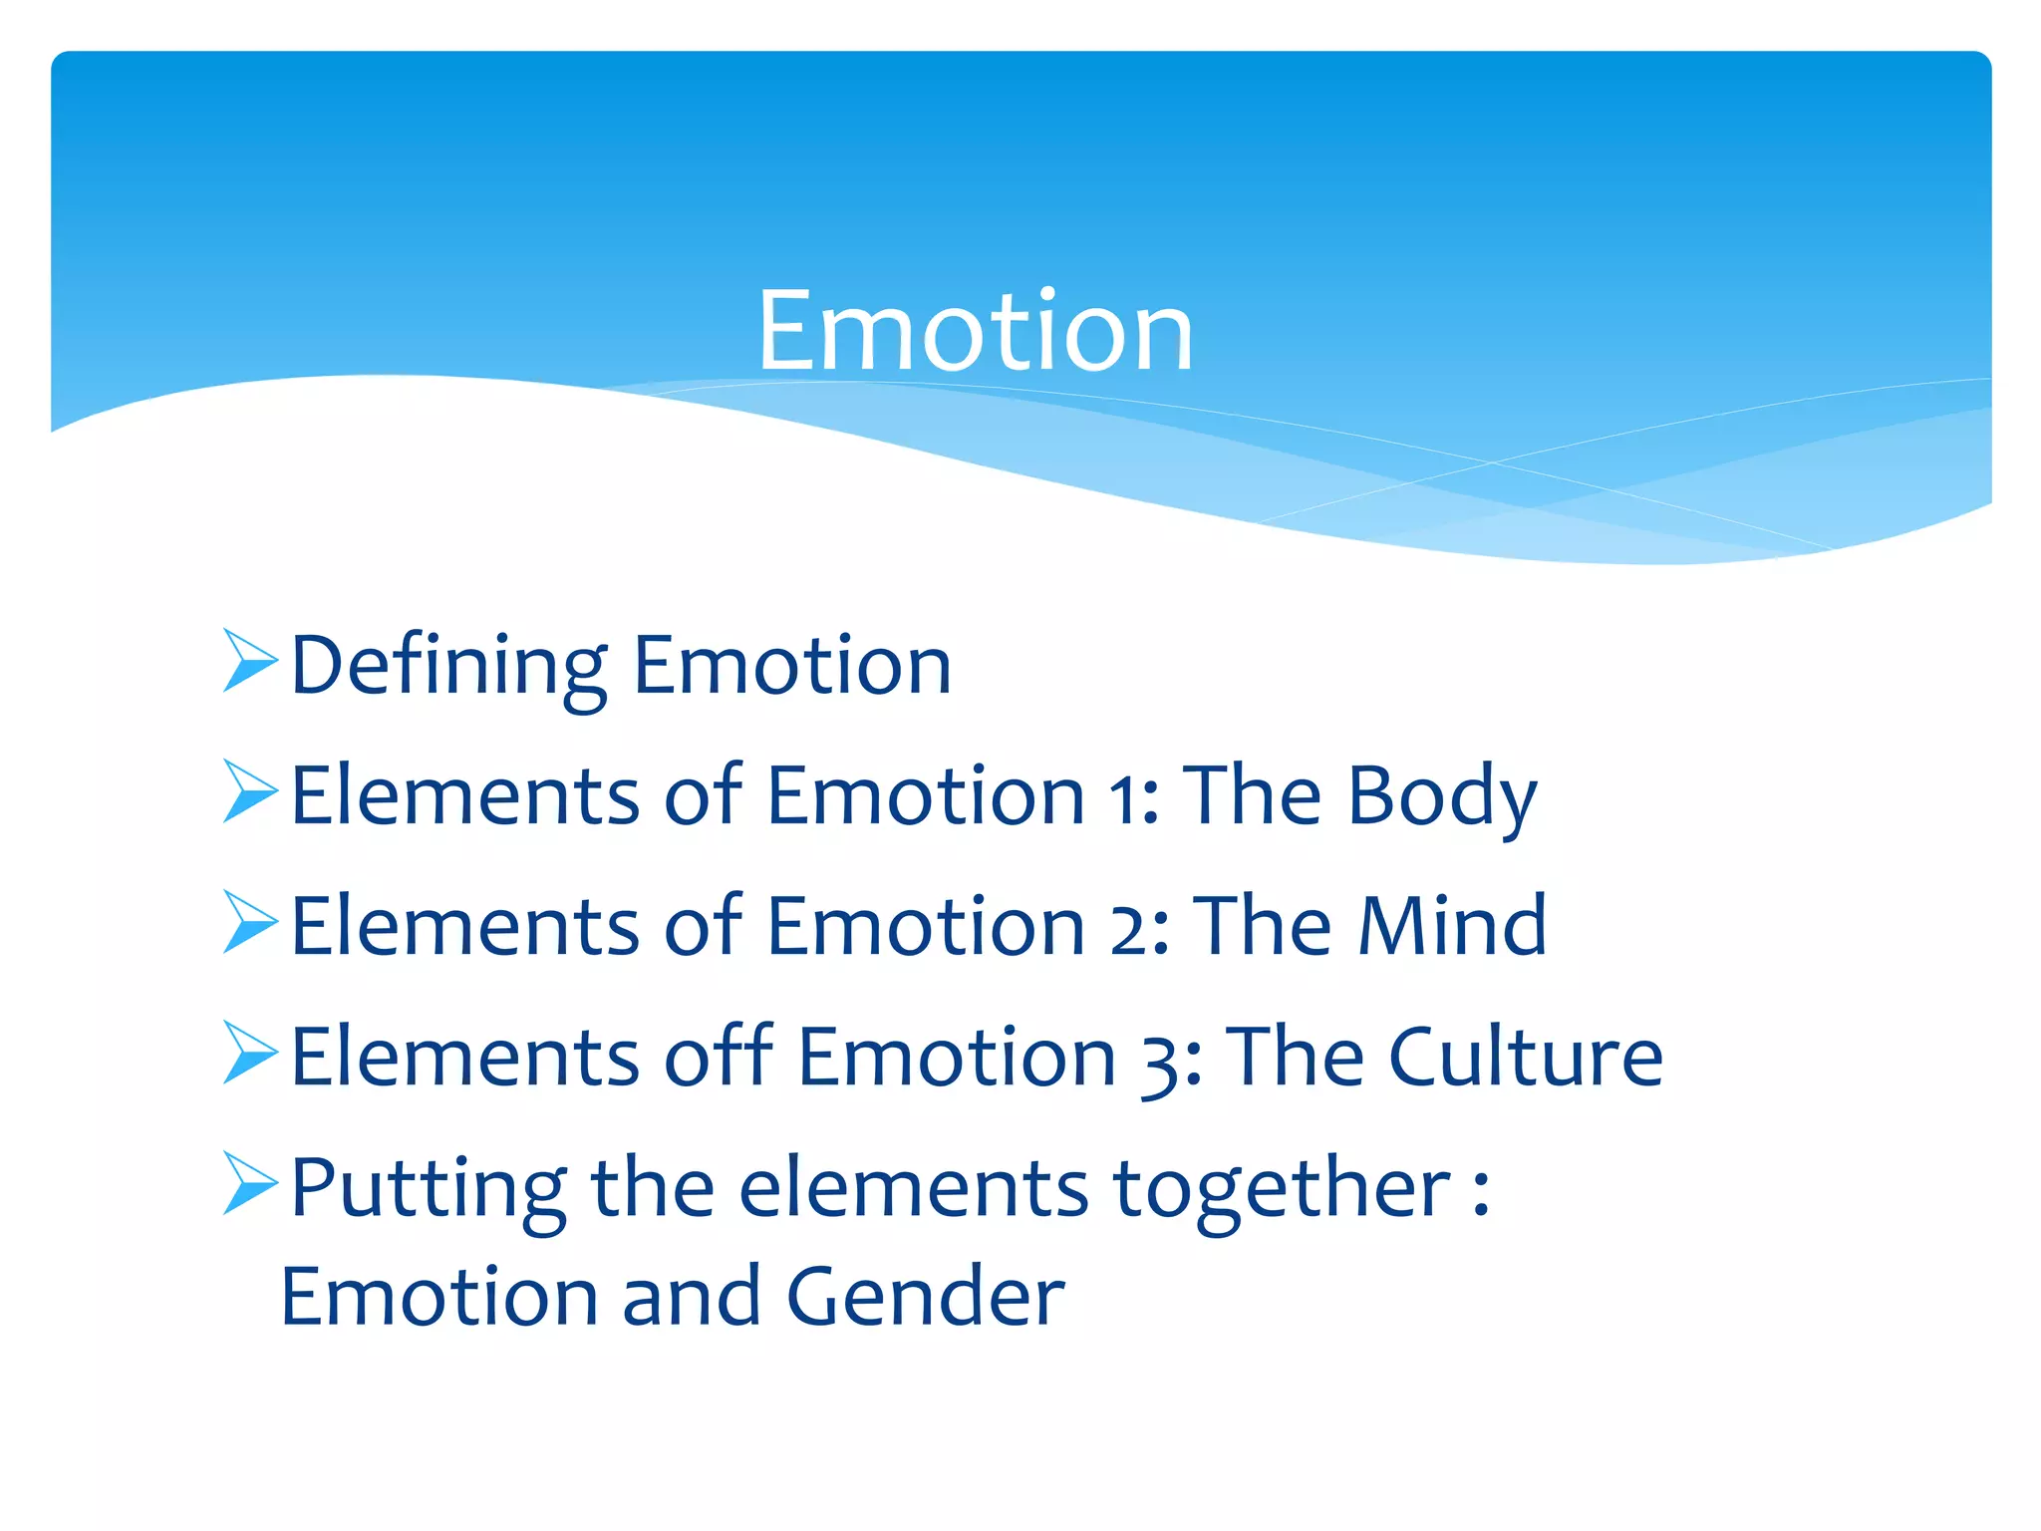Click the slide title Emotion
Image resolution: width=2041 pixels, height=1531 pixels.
tap(975, 331)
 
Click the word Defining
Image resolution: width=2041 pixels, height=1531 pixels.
tap(448, 666)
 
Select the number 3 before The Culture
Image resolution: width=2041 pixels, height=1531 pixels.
tap(1163, 1063)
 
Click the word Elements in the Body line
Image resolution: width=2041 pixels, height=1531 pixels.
tap(464, 796)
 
